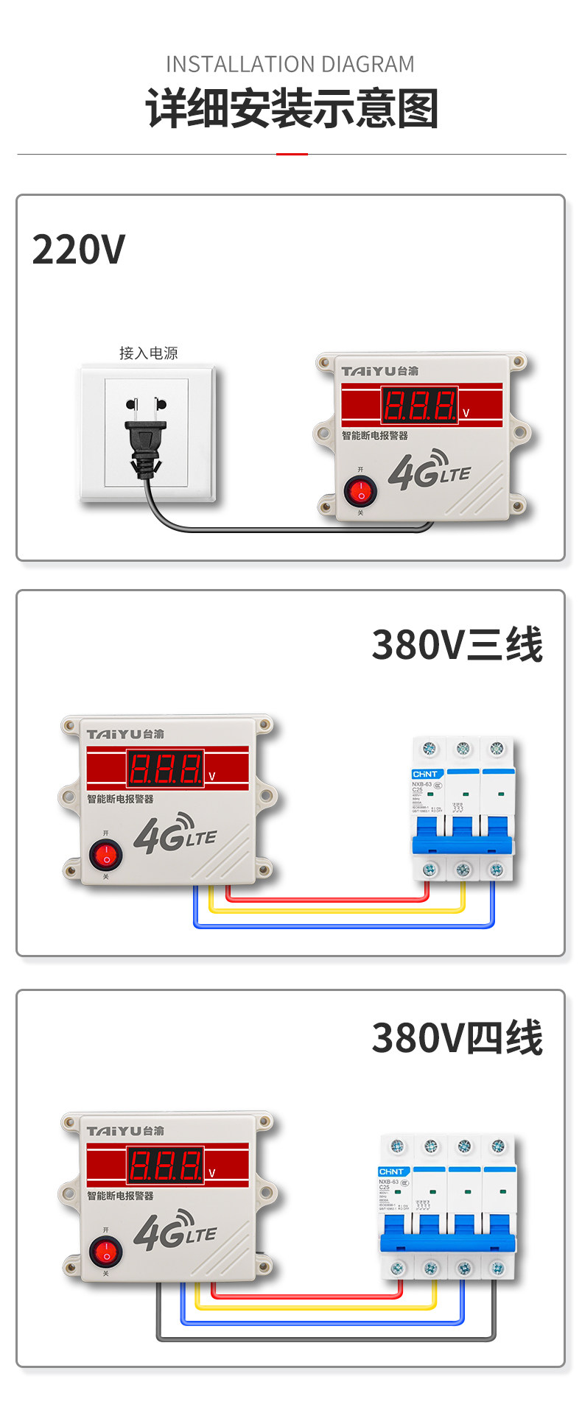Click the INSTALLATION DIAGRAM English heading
pyautogui.click(x=290, y=65)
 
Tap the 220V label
pyautogui.click(x=79, y=249)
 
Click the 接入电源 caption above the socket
pyautogui.click(x=148, y=353)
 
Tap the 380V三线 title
pyautogui.click(x=457, y=645)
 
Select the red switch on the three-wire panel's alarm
pyautogui.click(x=106, y=855)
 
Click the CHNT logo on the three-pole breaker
pyautogui.click(x=426, y=774)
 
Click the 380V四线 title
pyautogui.click(x=457, y=1038)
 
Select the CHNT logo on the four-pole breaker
pyautogui.click(x=392, y=1171)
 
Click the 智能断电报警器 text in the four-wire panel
pyautogui.click(x=120, y=1196)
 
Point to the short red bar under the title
pyautogui.click(x=292, y=154)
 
